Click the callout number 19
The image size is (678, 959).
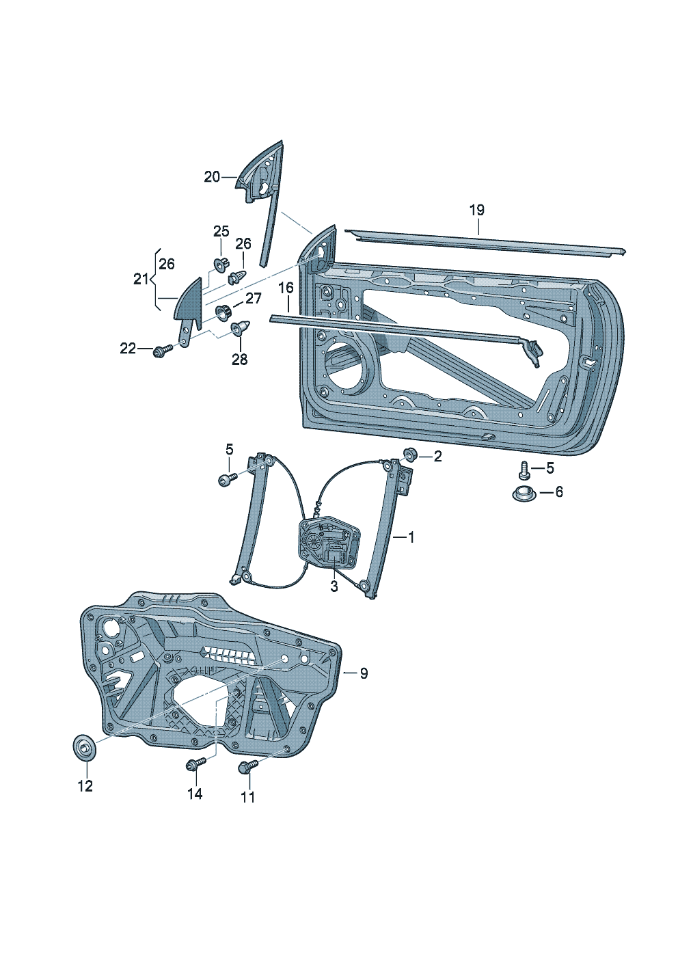point(476,210)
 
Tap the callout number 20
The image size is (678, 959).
point(212,176)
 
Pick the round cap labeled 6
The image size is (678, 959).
point(524,492)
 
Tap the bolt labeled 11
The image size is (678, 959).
point(247,768)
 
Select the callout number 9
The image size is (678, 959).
point(364,674)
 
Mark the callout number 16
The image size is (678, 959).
point(286,288)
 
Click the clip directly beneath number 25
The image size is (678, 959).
point(221,264)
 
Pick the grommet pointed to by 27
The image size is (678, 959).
point(223,313)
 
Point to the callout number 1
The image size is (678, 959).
point(411,538)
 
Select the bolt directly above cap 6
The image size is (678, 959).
point(524,469)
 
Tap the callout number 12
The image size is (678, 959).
point(85,786)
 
